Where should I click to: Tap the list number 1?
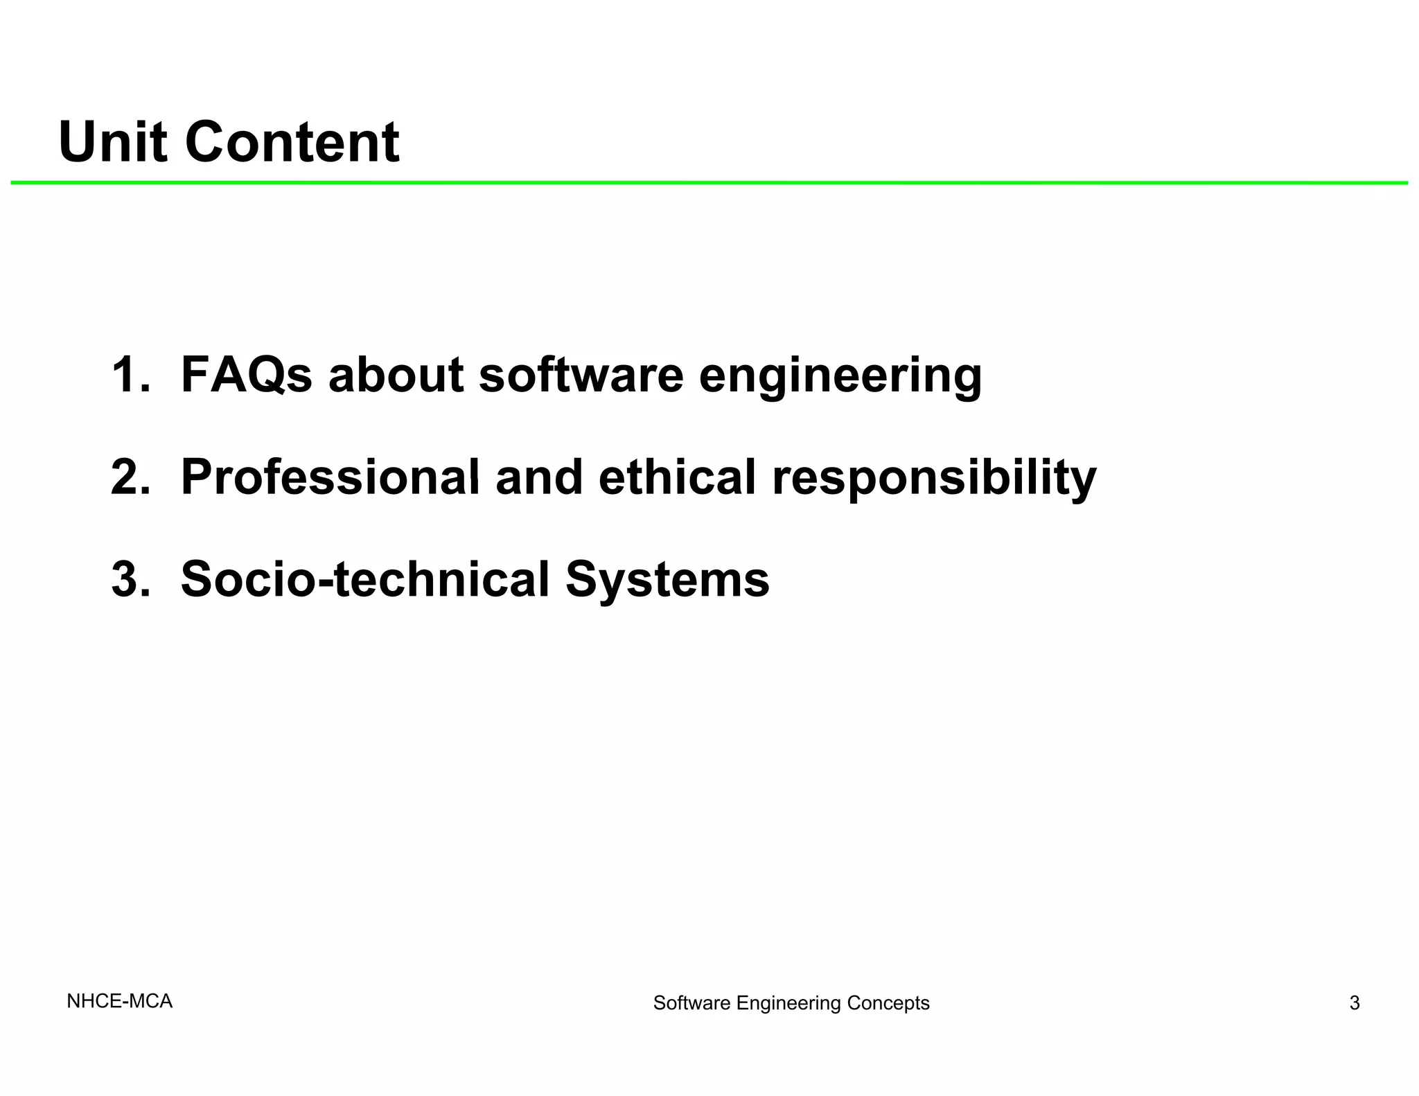(x=129, y=375)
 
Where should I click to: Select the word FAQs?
(x=246, y=375)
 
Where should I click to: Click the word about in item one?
(x=396, y=375)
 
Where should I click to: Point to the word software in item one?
(x=581, y=375)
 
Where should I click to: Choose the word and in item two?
(x=539, y=477)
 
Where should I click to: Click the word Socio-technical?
(x=364, y=579)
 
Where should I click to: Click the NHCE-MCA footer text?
(x=119, y=1001)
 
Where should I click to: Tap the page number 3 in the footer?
(x=1354, y=1002)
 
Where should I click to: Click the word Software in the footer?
(x=691, y=1002)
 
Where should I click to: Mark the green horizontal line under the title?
(x=709, y=183)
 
